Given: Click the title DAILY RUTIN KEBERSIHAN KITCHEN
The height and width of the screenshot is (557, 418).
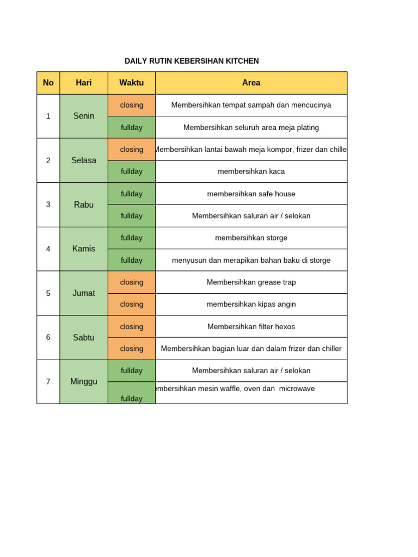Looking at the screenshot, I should point(192,61).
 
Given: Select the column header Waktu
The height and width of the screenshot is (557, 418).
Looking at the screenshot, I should point(131,83).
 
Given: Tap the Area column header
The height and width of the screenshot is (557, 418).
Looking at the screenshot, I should point(251,83).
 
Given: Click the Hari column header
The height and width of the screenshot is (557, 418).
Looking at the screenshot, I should point(84,83).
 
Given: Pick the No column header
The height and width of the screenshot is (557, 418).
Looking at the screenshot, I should point(48,83).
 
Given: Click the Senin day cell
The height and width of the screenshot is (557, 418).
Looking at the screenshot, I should point(84,116).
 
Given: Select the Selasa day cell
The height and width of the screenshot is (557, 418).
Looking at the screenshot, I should point(84,160).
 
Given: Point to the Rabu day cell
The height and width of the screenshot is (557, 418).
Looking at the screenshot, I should point(84,205).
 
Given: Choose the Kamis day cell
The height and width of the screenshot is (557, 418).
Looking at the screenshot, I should point(84,249).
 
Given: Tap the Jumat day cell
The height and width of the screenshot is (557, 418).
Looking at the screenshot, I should point(84,293).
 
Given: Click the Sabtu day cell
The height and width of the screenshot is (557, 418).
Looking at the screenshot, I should point(84,337).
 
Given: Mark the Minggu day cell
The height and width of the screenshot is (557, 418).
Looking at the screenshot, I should point(84,381).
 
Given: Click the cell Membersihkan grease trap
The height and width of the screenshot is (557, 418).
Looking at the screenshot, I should point(251,282).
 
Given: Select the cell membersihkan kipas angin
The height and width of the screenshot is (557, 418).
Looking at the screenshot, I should point(251,304).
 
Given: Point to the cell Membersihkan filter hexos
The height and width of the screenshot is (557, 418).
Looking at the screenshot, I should point(251,326).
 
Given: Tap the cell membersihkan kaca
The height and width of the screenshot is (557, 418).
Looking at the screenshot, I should point(251,171).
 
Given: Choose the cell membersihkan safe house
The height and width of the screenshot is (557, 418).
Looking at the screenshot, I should point(251,194).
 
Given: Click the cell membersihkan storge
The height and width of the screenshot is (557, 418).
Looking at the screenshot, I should point(251,238).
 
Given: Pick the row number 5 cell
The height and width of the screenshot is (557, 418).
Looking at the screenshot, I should point(48,293).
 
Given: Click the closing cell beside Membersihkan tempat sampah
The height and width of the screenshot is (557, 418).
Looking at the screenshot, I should point(131,105).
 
